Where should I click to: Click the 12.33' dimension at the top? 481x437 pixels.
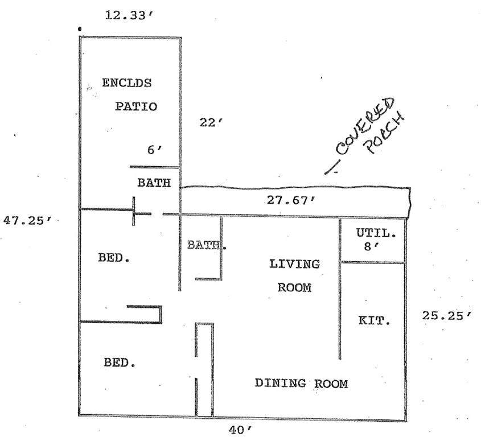129,15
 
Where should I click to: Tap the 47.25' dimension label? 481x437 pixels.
28,220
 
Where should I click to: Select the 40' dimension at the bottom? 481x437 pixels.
240,430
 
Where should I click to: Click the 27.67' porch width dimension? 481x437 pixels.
291,200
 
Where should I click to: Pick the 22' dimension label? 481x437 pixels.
211,122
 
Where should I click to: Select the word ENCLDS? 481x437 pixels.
127,83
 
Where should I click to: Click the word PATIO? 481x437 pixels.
136,106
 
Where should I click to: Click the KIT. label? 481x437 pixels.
375,320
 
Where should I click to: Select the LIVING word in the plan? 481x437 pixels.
294,264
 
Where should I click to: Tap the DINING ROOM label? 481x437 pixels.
301,384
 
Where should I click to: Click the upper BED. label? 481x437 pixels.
114,258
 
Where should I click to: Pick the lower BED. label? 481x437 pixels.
120,362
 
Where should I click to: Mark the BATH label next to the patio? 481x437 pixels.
154,183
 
